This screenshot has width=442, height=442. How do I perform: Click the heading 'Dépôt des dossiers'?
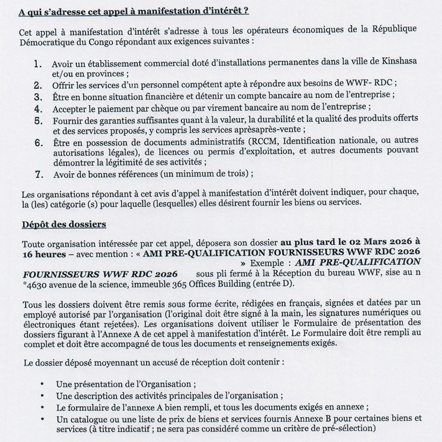pyautogui.click(x=63, y=224)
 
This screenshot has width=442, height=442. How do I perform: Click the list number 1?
pyautogui.click(x=38, y=63)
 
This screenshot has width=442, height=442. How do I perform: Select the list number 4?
pyautogui.click(x=38, y=107)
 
